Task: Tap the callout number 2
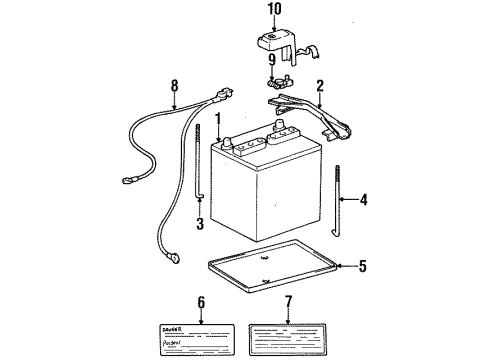321,87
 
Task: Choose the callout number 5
362,266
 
